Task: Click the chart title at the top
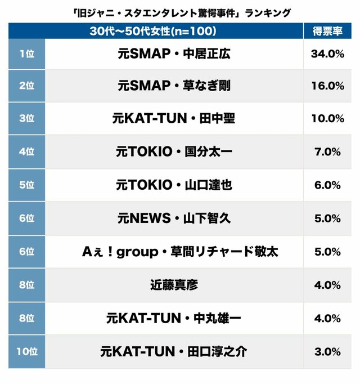point(180,11)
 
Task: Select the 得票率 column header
point(327,31)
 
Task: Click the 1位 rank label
point(26,54)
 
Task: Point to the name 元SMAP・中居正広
point(174,54)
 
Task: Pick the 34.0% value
point(327,54)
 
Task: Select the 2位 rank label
point(26,86)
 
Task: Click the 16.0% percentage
point(327,86)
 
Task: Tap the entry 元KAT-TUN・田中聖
point(174,119)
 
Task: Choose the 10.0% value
point(327,119)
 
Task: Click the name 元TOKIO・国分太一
point(174,152)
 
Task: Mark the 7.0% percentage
point(327,152)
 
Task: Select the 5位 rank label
point(26,185)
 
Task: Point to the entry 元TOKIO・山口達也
point(174,185)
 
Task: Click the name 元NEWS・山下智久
point(174,218)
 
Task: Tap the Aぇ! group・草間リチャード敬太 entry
point(174,252)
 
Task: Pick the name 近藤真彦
point(174,285)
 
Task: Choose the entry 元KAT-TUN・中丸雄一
point(174,318)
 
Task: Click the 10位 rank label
point(26,351)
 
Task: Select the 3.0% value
point(327,351)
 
